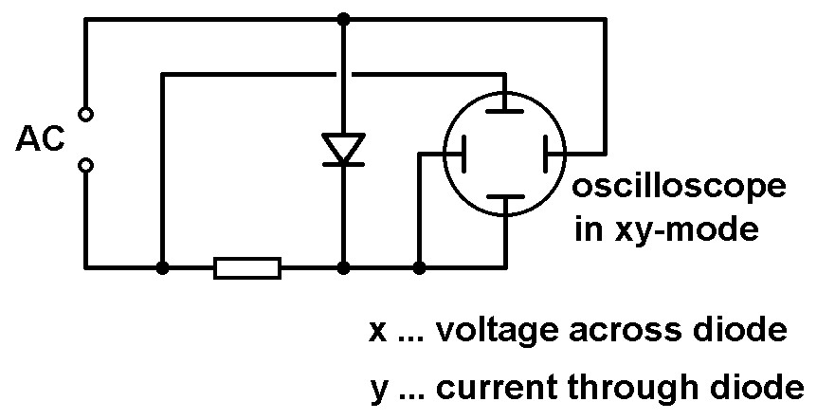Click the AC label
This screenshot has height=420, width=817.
coord(40,140)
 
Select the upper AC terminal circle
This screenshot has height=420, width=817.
coord(85,115)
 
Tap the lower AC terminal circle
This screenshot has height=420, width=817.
coord(85,166)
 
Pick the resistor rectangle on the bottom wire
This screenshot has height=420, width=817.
coord(247,268)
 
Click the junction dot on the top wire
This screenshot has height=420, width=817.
coord(343,19)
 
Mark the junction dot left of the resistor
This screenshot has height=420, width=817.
coord(163,268)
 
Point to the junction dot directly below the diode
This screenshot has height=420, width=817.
coord(343,268)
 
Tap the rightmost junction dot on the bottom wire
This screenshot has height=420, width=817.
coord(419,268)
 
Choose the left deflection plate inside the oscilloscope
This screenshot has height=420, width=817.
coord(463,152)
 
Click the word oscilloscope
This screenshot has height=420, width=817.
coord(678,189)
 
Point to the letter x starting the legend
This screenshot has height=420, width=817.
coord(377,332)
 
